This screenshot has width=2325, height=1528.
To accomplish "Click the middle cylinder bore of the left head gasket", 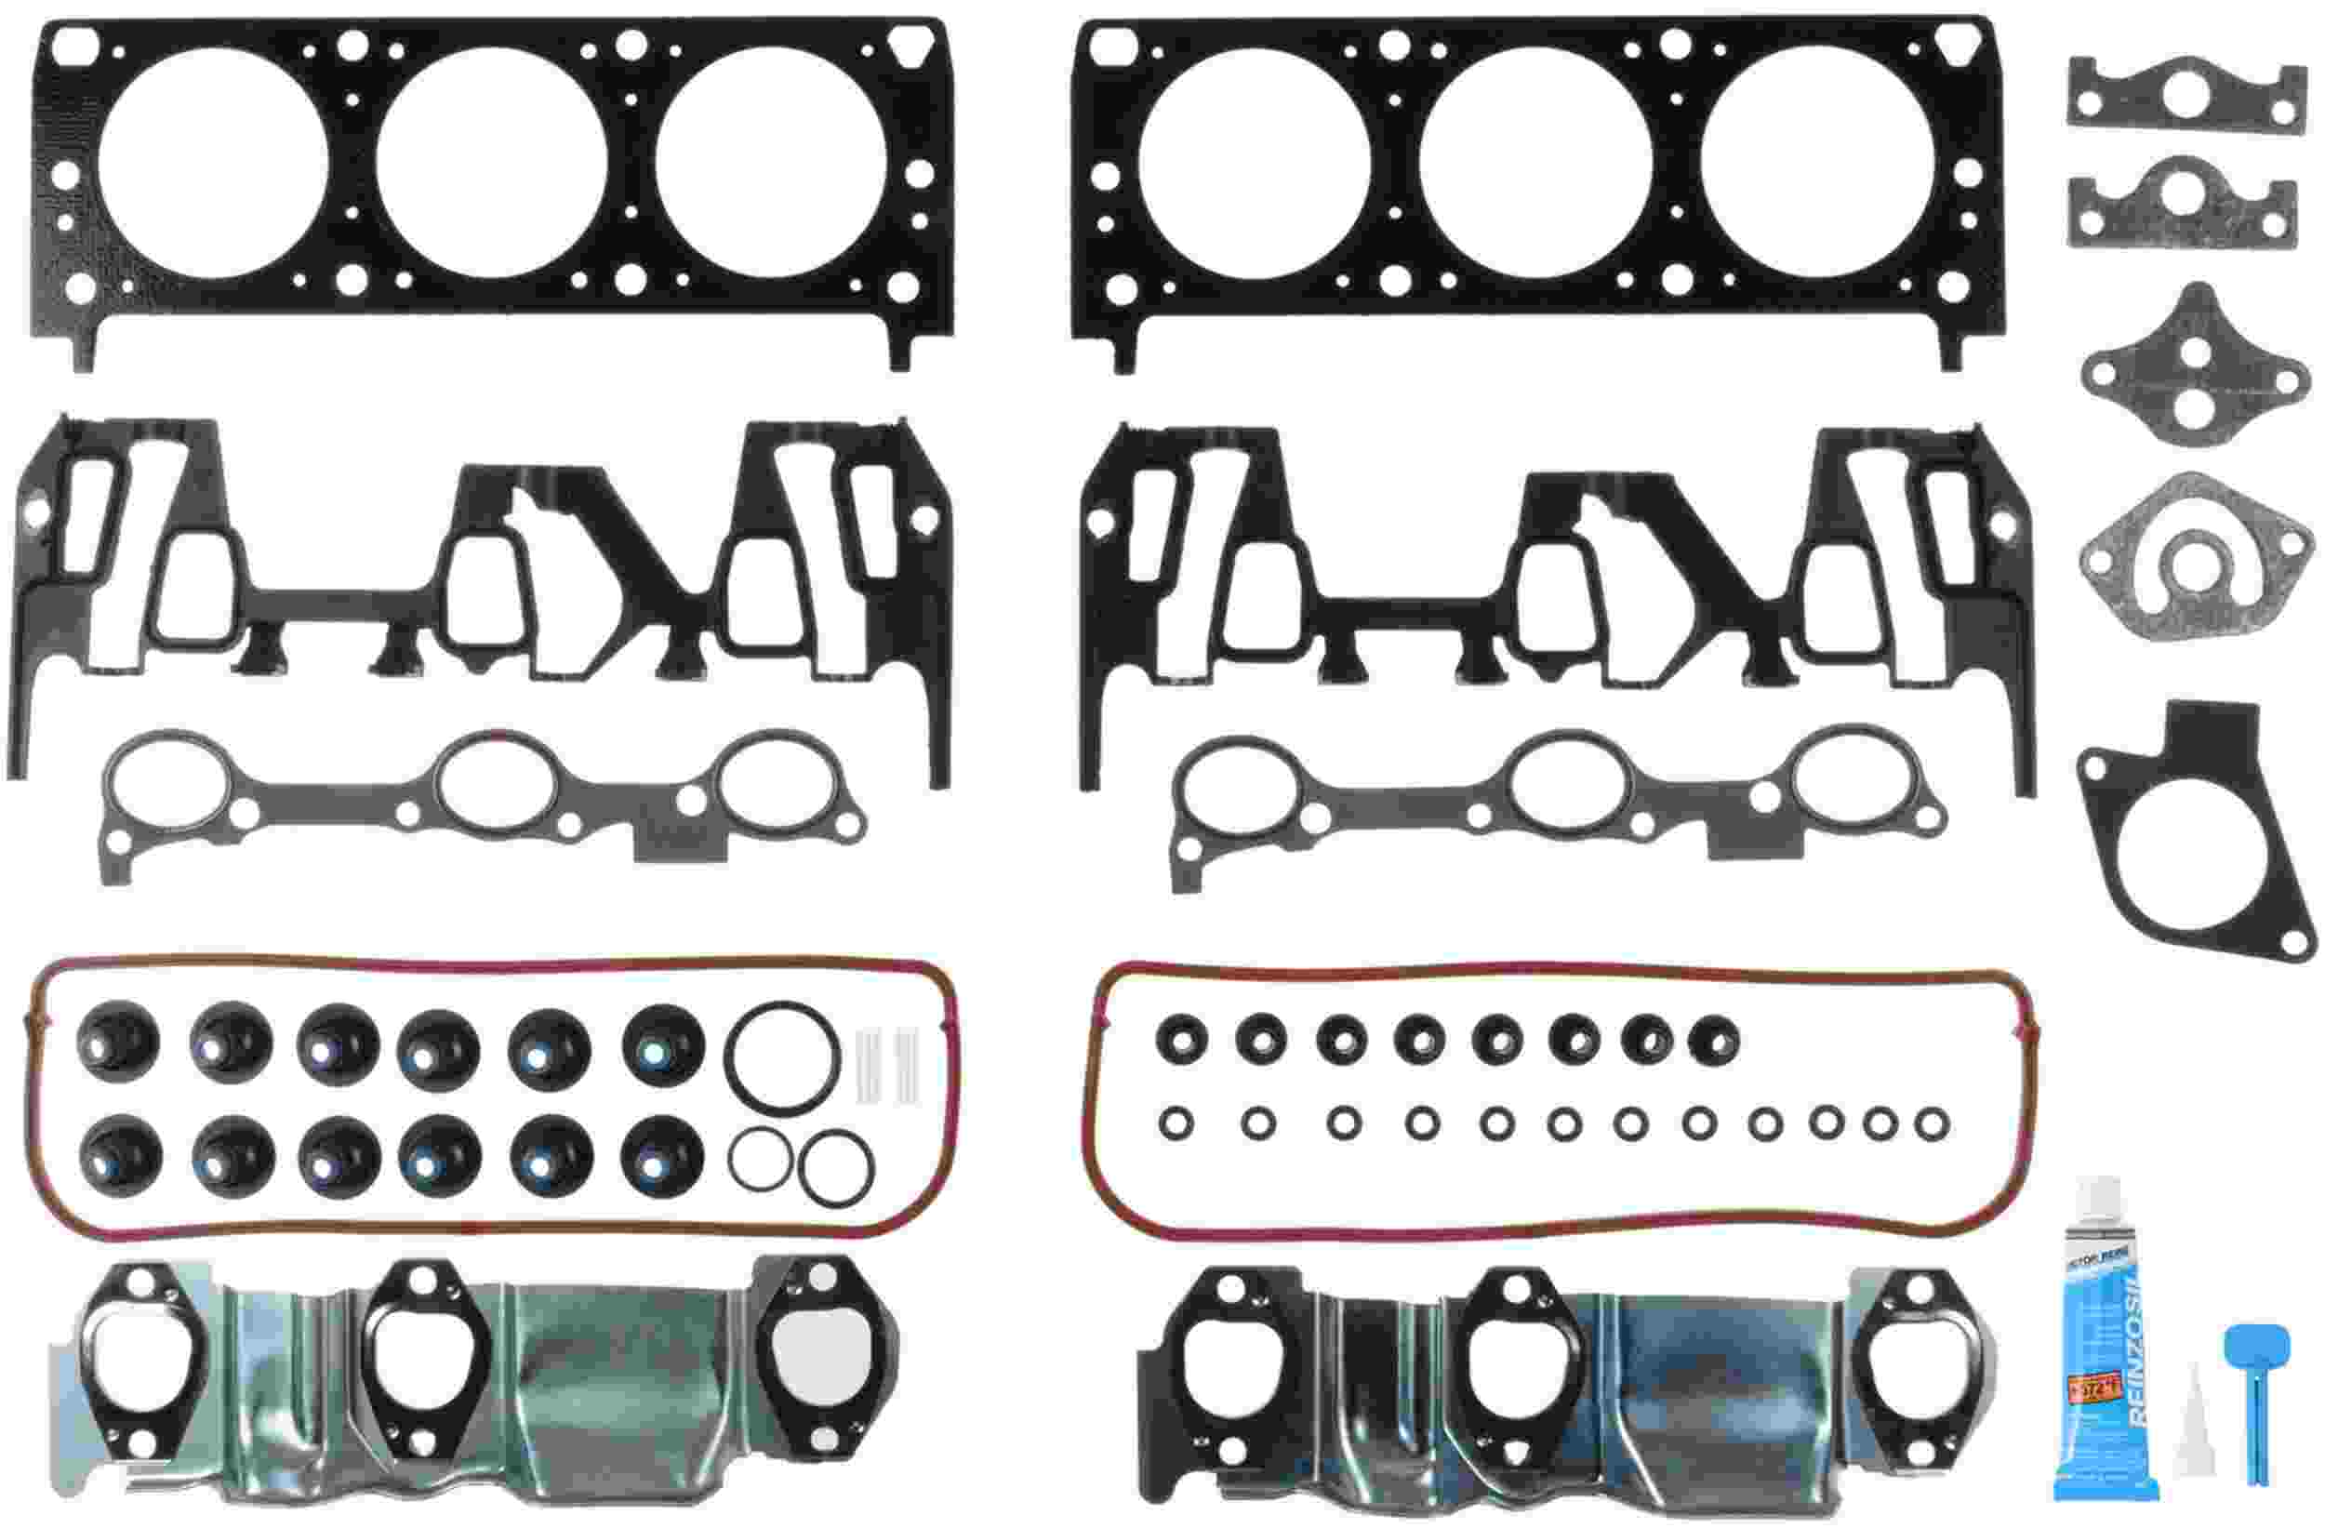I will point(490,161).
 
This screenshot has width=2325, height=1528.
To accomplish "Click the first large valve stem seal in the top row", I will point(117,1043).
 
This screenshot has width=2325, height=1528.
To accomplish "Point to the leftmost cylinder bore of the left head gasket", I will point(213,161).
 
